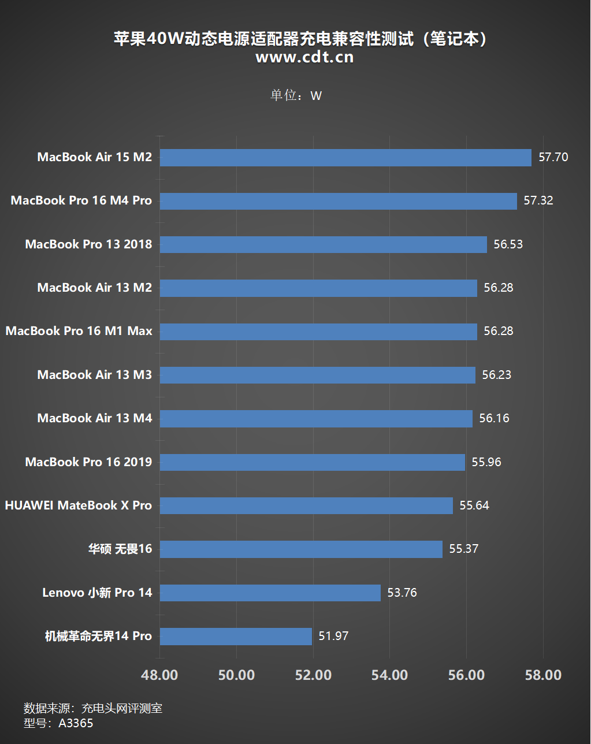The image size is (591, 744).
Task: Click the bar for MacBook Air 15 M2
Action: coord(345,158)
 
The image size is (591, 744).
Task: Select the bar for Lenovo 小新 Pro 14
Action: coord(270,593)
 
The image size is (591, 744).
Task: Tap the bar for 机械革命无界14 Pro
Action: coord(236,637)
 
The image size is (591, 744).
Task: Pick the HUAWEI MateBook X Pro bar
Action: coord(306,505)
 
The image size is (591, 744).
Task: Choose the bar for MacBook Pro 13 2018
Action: coord(324,244)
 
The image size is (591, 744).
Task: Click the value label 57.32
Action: coord(538,200)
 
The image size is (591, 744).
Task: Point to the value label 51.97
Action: coord(333,636)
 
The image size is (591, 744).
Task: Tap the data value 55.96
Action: coord(486,462)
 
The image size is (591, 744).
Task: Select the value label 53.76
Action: coord(402,593)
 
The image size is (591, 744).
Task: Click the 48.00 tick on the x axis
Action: coord(160,675)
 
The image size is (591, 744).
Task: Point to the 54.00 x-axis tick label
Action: coord(389,675)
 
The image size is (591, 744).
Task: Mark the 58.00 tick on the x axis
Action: coord(542,675)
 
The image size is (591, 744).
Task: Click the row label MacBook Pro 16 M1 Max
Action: coord(79,331)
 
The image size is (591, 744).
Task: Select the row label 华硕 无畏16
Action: coord(120,549)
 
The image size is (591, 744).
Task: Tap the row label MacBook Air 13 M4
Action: coord(95,418)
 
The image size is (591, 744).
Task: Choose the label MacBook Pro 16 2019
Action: coord(88,462)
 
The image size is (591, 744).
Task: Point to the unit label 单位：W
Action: coord(296,95)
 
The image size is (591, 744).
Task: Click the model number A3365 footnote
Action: coord(58,723)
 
